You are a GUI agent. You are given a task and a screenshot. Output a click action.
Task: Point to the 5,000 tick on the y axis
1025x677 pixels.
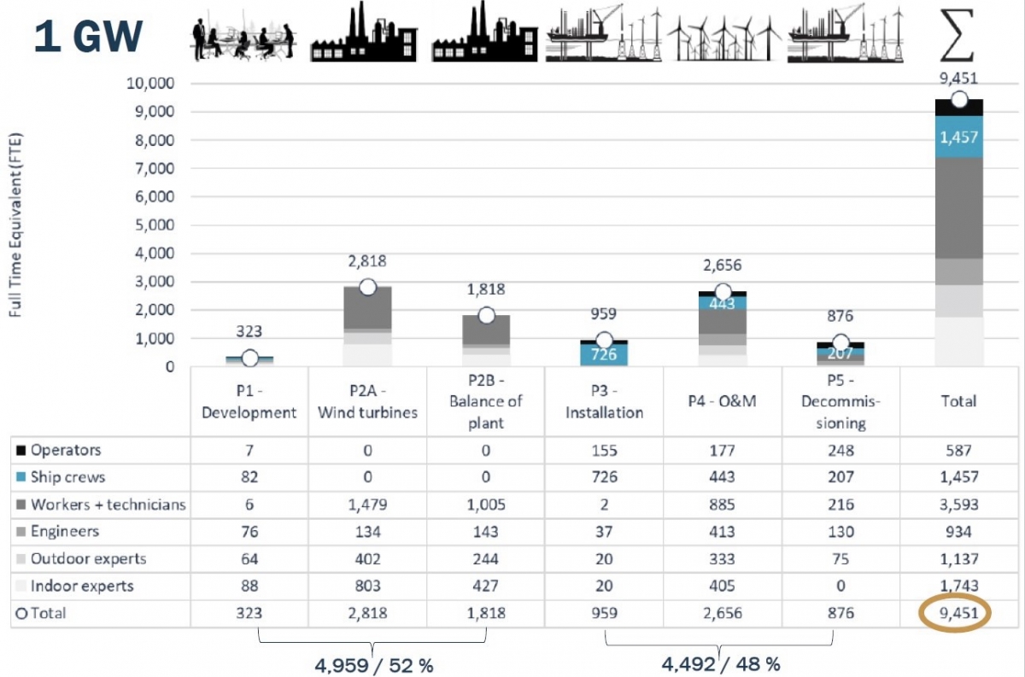(x=155, y=225)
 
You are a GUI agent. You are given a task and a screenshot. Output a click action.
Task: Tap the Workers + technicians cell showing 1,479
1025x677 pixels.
(x=367, y=505)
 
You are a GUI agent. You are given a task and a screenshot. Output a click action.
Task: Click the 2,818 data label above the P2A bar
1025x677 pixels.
(x=367, y=262)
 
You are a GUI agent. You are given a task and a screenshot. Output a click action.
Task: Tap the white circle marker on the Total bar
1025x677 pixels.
(x=958, y=100)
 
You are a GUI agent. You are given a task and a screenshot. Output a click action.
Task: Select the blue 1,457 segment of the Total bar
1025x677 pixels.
(x=958, y=137)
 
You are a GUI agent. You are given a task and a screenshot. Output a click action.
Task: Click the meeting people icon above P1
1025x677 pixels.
(x=244, y=36)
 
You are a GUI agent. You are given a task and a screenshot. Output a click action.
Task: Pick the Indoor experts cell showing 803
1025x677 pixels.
(x=367, y=587)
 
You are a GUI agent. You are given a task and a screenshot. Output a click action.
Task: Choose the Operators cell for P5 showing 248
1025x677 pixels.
(x=840, y=449)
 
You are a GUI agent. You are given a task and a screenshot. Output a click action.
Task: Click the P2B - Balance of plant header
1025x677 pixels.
(x=485, y=400)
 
